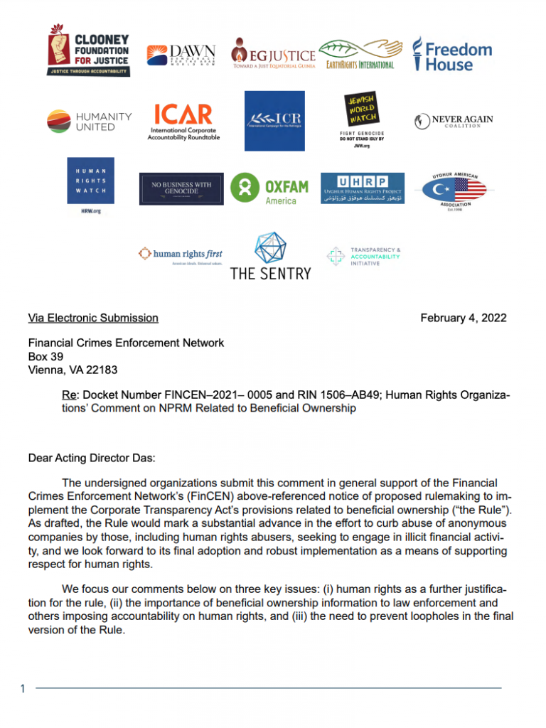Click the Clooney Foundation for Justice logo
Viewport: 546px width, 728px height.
pyautogui.click(x=89, y=51)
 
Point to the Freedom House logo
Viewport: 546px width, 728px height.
pyautogui.click(x=452, y=54)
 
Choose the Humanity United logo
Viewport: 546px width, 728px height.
pyautogui.click(x=90, y=121)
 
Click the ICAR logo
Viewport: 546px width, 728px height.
pyautogui.click(x=184, y=122)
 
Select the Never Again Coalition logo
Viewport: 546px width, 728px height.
pyautogui.click(x=453, y=122)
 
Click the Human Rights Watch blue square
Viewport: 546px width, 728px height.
pyautogui.click(x=90, y=181)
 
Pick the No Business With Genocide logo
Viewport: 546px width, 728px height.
pyautogui.click(x=181, y=188)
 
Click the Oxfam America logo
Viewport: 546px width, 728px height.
pyautogui.click(x=269, y=188)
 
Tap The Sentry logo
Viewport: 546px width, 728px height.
pyautogui.click(x=270, y=255)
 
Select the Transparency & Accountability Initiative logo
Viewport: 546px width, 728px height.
pyautogui.click(x=364, y=257)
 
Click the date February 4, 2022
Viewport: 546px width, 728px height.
pyautogui.click(x=463, y=318)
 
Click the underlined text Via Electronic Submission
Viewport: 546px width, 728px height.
pyautogui.click(x=93, y=318)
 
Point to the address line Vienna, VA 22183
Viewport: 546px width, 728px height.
pyautogui.click(x=73, y=370)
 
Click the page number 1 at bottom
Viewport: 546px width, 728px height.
pyautogui.click(x=23, y=688)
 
